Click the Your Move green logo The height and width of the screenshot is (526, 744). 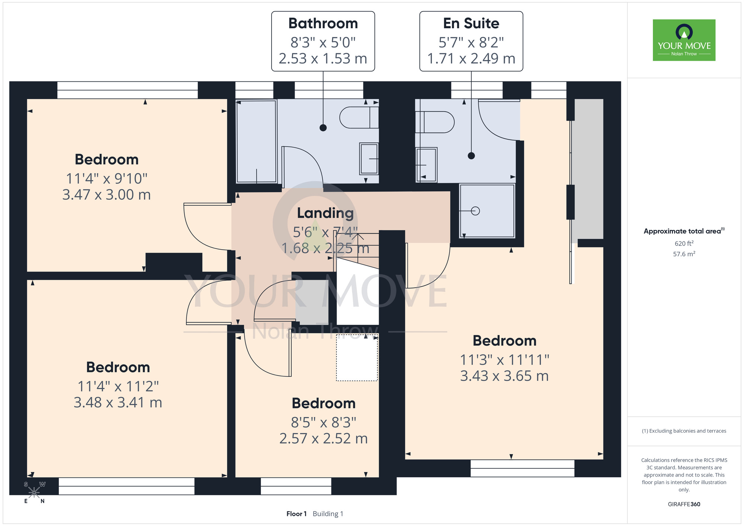[684, 40]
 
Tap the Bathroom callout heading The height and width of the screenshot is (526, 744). [323, 23]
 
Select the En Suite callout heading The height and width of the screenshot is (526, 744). [471, 23]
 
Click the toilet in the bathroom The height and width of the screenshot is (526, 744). [359, 118]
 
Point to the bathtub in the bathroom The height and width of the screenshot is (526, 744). [257, 141]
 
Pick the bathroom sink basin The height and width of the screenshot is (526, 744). [369, 159]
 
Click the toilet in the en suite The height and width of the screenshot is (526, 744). [434, 122]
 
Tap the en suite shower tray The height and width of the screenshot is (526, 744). [487, 211]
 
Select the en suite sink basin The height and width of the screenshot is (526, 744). [426, 165]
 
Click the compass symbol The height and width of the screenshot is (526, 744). [34, 493]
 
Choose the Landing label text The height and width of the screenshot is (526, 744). [325, 213]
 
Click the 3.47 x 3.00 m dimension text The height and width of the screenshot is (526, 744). [106, 195]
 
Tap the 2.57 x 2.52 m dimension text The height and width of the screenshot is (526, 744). [324, 439]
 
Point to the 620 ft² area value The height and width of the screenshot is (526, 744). [684, 243]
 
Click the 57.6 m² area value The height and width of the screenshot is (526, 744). [684, 254]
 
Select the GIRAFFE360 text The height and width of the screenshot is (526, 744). [684, 504]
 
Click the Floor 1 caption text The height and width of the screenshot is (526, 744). [296, 514]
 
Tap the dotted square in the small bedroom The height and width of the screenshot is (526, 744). [357, 357]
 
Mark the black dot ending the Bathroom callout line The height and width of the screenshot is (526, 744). [323, 128]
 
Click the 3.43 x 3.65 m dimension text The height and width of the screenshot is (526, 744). [504, 376]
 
